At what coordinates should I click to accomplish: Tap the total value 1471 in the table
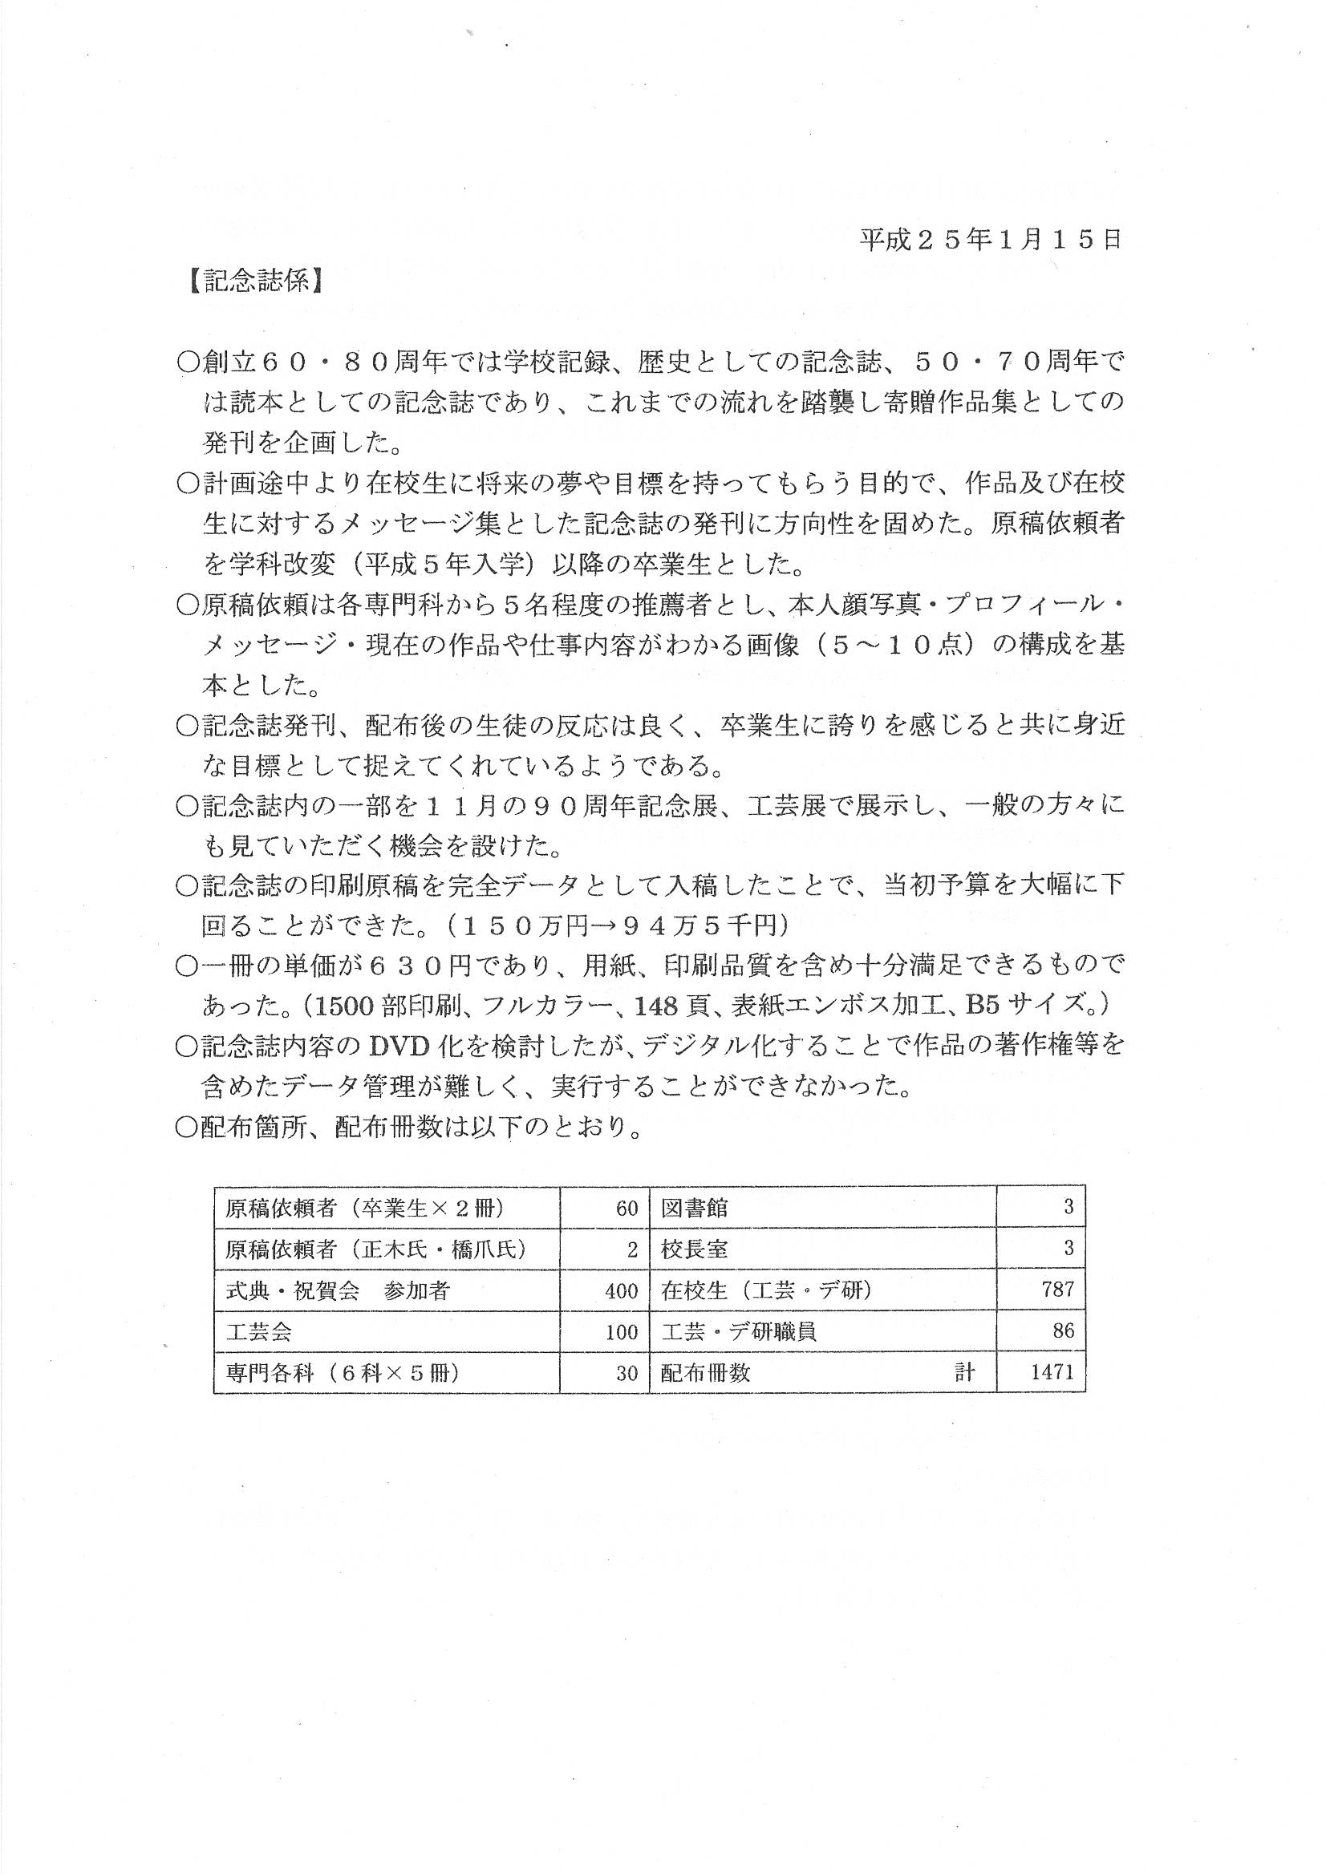click(1052, 1372)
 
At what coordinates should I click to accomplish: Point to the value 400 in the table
click(621, 1290)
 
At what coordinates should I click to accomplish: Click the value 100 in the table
click(621, 1332)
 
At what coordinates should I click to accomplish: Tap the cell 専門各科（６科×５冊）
click(342, 1373)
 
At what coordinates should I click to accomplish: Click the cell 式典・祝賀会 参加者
click(337, 1290)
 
